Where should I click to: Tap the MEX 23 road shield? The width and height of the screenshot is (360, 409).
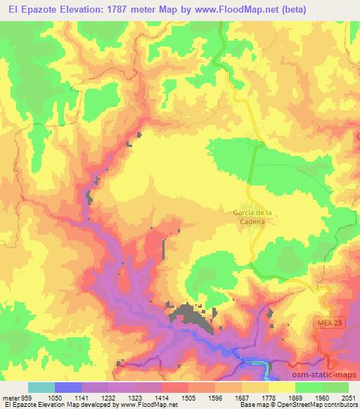(x=326, y=322)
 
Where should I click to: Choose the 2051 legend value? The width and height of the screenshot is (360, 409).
(x=347, y=396)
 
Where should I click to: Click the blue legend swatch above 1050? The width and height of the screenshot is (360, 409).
(x=67, y=387)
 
